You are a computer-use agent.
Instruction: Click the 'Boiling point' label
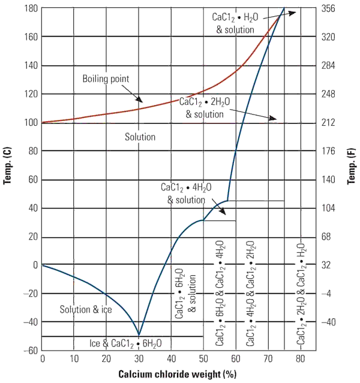pos(106,79)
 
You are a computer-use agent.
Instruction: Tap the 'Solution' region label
pos(140,137)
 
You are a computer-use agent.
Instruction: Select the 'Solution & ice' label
pos(85,309)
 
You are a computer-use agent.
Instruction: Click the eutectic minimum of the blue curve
pos(139,336)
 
